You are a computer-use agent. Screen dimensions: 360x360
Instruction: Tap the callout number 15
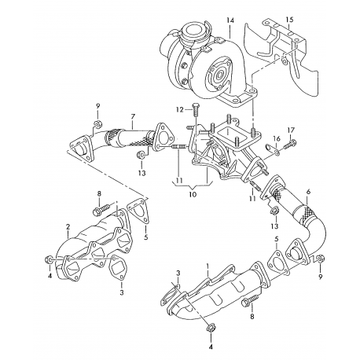click(x=289, y=18)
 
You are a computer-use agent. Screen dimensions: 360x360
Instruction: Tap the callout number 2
click(x=68, y=229)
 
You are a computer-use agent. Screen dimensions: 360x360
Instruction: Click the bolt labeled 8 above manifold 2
click(x=100, y=211)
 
